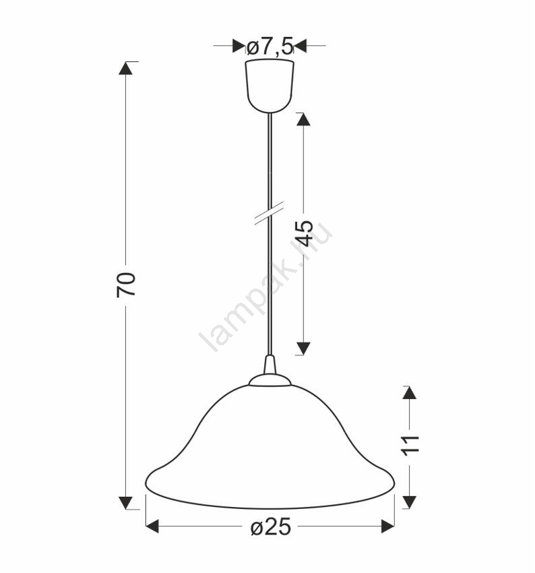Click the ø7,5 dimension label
tap(270, 47)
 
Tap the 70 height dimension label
tap(126, 284)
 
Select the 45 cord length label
tap(304, 233)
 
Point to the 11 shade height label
tap(410, 446)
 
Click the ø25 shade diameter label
tap(271, 526)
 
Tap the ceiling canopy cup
tap(270, 86)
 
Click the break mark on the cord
tap(270, 212)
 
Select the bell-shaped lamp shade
tap(270, 446)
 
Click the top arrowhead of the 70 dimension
tap(125, 68)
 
